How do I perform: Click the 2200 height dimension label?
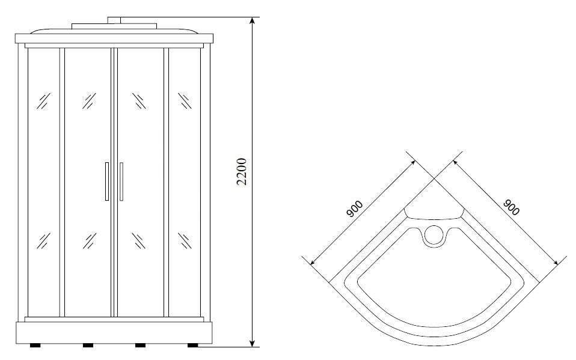coord(241,171)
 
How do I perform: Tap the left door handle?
coord(107,182)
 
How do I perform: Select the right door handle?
coord(121,182)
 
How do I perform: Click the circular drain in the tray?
coord(434,235)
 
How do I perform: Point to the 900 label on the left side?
coord(355,209)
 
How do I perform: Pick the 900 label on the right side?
coord(511,207)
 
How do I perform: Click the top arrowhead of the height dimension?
coord(252,20)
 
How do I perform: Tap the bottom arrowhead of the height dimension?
coord(252,343)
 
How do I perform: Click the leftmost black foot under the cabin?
coord(35,346)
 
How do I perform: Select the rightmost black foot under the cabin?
coord(192,346)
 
